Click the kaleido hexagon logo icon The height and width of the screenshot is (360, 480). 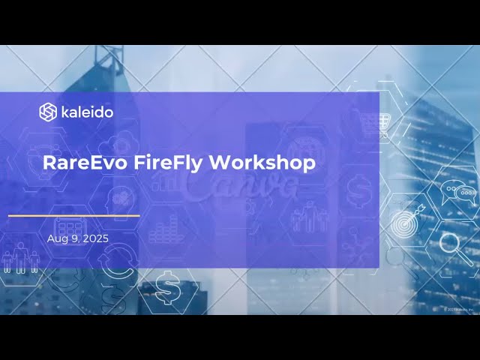[x=48, y=112]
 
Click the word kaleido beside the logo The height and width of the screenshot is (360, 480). [x=87, y=112]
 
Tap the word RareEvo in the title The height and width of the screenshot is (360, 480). [x=79, y=162]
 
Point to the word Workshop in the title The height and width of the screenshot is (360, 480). [x=262, y=162]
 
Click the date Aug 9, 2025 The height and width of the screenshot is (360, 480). [x=77, y=238]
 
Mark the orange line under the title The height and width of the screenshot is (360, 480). [x=73, y=215]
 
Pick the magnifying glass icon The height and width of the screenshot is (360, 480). [x=453, y=244]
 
